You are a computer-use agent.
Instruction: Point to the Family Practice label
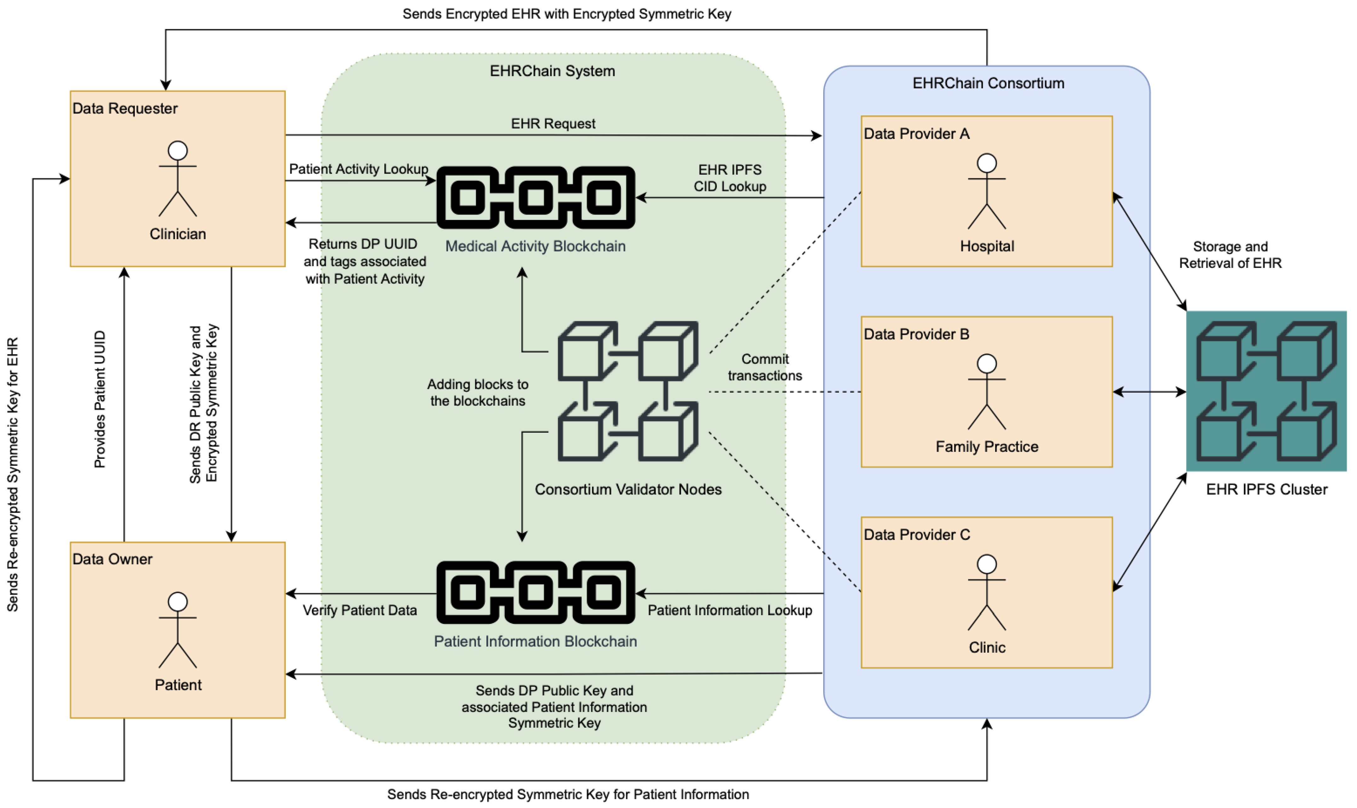pyautogui.click(x=986, y=447)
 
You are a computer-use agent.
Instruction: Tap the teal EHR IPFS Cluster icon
pyautogui.click(x=1266, y=391)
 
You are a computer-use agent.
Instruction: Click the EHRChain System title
pyautogui.click(x=552, y=71)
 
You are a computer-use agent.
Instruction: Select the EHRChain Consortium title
pyautogui.click(x=987, y=83)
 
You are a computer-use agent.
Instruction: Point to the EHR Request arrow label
pyautogui.click(x=553, y=124)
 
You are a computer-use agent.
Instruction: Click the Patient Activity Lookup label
pyautogui.click(x=358, y=169)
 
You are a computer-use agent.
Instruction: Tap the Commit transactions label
pyautogui.click(x=764, y=367)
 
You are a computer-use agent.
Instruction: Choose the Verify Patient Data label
pyautogui.click(x=359, y=610)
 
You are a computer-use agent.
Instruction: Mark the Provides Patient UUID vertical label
pyautogui.click(x=100, y=399)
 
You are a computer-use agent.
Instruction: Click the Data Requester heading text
pyautogui.click(x=125, y=108)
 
